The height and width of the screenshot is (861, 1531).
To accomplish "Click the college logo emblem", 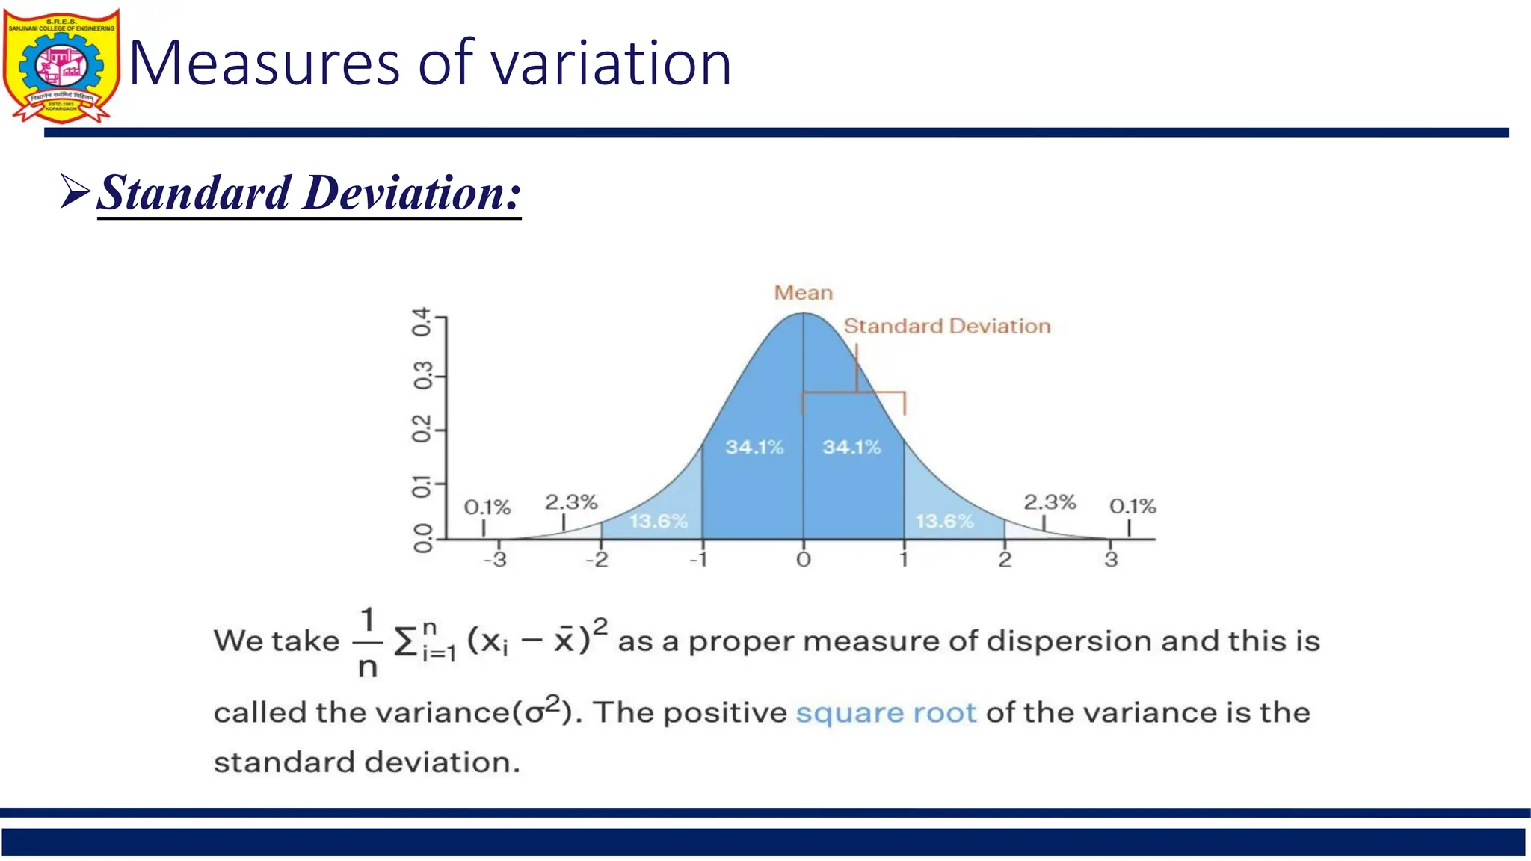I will (61, 66).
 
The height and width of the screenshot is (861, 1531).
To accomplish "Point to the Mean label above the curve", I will (803, 292).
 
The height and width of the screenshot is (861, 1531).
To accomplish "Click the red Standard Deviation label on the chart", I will (946, 326).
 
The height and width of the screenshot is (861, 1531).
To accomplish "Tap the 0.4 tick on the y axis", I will (422, 321).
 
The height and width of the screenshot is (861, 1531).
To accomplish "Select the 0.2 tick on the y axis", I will (422, 429).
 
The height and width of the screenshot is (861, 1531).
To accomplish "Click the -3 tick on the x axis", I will (495, 559).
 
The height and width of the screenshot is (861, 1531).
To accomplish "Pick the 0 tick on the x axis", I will (803, 559).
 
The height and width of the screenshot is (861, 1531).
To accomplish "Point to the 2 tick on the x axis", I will (1005, 559).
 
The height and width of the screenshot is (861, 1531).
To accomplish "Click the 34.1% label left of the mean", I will (754, 447).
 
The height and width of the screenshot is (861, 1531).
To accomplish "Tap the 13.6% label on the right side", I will (944, 521).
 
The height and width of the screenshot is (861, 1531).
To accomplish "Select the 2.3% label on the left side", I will (571, 502).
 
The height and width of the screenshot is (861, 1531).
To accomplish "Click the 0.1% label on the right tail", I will (1132, 506).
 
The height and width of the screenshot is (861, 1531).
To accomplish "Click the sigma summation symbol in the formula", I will (405, 641).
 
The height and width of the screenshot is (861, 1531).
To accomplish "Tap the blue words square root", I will (886, 712).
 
